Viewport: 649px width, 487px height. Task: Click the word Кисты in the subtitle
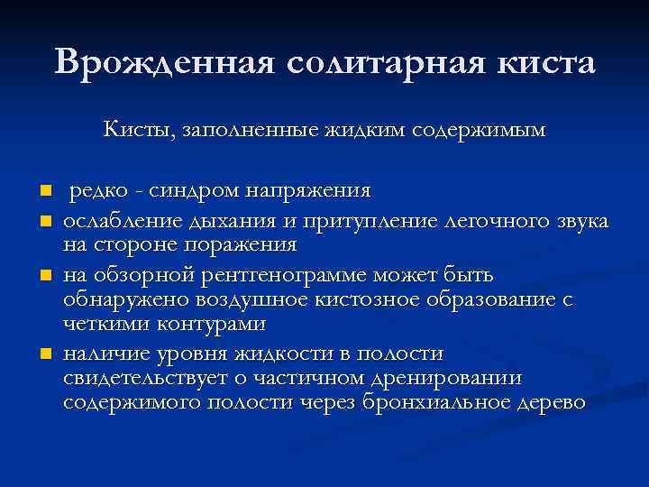pos(139,131)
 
